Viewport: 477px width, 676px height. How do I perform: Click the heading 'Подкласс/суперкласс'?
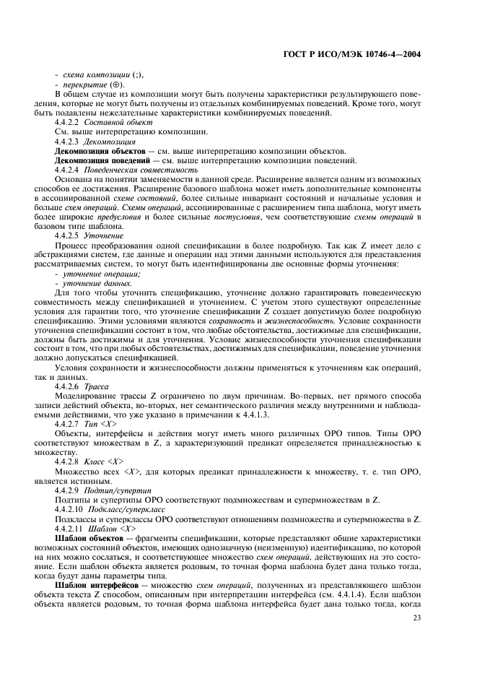pyautogui.click(x=128, y=508)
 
